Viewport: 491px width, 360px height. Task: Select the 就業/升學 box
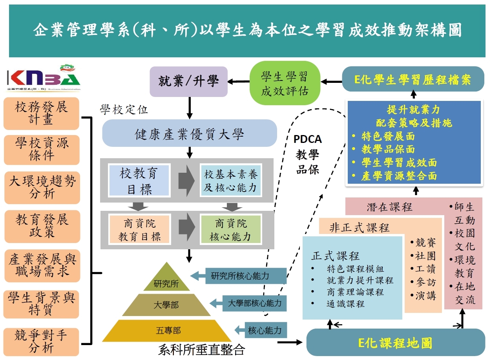pyautogui.click(x=189, y=82)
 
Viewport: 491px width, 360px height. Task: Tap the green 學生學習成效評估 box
pyautogui.click(x=285, y=83)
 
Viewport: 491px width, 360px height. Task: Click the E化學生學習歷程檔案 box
pyautogui.click(x=413, y=80)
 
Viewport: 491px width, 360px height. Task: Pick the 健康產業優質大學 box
pyautogui.click(x=190, y=134)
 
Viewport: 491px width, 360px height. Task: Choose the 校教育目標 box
pyautogui.click(x=139, y=181)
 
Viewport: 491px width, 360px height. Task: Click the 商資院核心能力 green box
pyautogui.click(x=230, y=230)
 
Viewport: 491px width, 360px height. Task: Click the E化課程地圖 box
pyautogui.click(x=395, y=343)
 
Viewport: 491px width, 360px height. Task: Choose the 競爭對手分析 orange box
pyautogui.click(x=41, y=342)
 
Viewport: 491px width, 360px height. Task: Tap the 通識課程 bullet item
pyautogui.click(x=345, y=303)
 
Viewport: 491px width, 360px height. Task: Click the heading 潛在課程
pyautogui.click(x=389, y=207)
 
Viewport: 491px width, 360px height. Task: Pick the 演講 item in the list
pyautogui.click(x=425, y=295)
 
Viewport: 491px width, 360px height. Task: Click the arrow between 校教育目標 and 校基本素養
pyautogui.click(x=186, y=181)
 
